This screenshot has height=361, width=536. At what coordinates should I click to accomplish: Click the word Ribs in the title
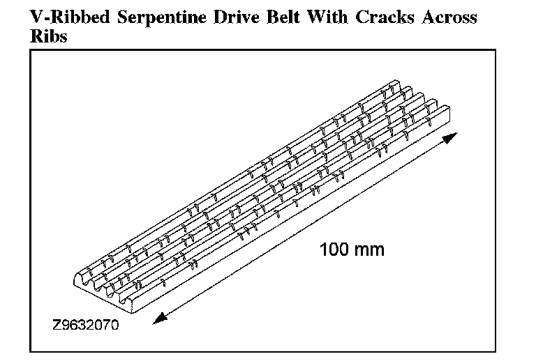pos(49,37)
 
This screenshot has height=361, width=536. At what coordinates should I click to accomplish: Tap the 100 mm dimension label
pos(352,249)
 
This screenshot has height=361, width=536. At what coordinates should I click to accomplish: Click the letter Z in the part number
pos(55,325)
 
